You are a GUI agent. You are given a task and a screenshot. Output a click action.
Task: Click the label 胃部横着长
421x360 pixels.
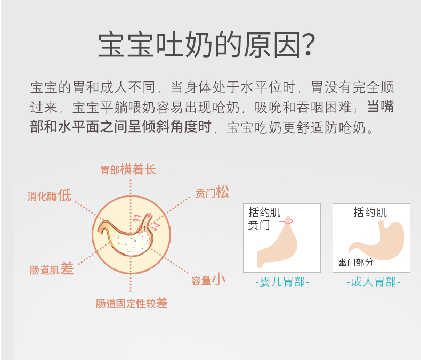coord(128,169)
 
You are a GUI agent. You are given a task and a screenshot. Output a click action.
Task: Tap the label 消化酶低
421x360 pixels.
coord(50,195)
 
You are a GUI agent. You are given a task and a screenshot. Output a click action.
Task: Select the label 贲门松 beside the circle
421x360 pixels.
coord(213,192)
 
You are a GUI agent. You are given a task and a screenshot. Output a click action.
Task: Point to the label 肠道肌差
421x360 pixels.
coord(52,269)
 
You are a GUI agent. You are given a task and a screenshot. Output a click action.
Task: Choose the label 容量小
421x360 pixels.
coord(208,280)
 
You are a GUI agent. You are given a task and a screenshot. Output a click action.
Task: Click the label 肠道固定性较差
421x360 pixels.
coord(132,304)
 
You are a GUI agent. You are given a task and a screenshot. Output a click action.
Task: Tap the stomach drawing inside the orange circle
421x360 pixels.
coord(126,235)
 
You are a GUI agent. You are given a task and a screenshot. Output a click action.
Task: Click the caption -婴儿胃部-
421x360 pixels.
coord(282,282)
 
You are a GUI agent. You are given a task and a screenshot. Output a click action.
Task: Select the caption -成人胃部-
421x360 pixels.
coord(374,282)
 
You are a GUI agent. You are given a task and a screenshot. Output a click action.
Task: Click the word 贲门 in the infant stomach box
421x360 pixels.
coord(259,225)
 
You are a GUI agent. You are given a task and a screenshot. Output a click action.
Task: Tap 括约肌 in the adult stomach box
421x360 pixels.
coord(370,212)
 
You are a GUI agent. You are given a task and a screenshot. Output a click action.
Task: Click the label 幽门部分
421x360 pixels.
coord(356,263)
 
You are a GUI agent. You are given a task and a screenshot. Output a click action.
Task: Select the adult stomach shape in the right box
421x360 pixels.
coord(377,240)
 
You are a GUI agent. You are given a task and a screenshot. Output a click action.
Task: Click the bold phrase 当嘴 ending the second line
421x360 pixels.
coord(380,107)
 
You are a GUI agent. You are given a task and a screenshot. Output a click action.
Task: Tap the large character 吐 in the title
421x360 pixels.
coord(171,45)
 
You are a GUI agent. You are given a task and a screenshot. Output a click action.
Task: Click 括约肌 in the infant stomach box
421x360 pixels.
coord(264,212)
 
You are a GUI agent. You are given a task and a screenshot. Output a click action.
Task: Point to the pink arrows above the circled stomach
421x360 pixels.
coord(147,222)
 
